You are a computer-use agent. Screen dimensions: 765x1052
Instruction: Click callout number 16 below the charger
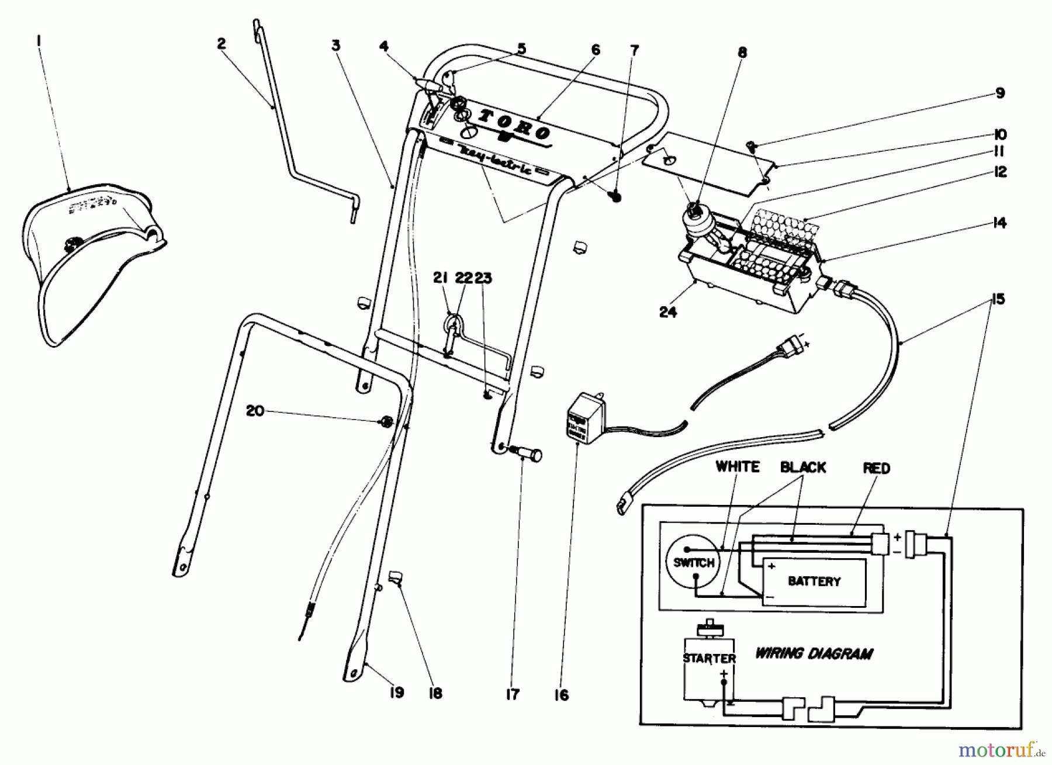click(x=561, y=695)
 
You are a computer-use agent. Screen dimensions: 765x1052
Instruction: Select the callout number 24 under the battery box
click(x=667, y=312)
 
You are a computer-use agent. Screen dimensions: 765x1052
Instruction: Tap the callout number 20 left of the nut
click(x=255, y=411)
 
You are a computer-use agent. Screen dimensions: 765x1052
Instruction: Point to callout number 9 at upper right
click(x=1000, y=93)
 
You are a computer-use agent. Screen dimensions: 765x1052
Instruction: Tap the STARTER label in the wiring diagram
click(x=709, y=659)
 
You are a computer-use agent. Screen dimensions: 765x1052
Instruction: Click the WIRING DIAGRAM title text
click(x=814, y=653)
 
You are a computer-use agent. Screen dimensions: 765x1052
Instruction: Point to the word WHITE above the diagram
click(x=738, y=467)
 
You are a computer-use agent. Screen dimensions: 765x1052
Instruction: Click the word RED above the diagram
click(x=876, y=468)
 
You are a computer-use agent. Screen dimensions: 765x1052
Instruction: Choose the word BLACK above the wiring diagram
click(x=803, y=468)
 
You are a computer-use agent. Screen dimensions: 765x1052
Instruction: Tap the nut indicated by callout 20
click(x=386, y=421)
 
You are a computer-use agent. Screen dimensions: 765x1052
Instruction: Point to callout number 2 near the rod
click(x=221, y=44)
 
